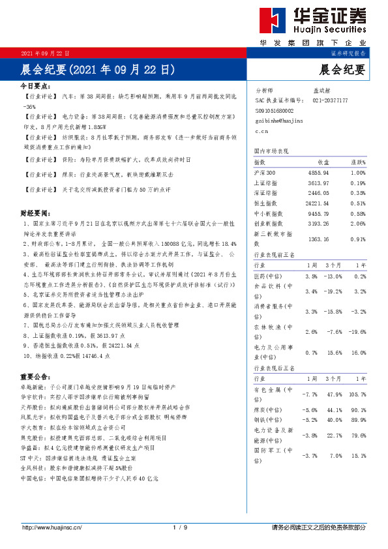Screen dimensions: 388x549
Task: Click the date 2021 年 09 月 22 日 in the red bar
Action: [x=46, y=53]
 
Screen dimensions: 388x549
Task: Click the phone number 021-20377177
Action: [x=331, y=100]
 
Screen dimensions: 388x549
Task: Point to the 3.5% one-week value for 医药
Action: [x=310, y=276]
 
